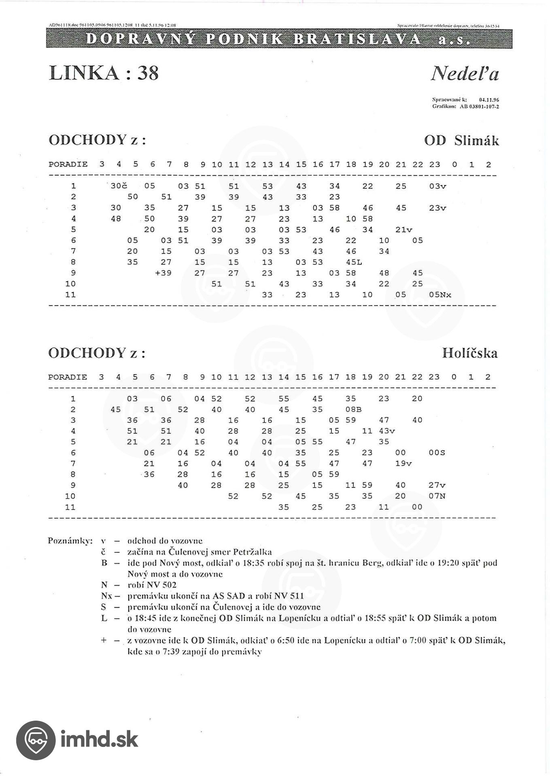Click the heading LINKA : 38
(104, 73)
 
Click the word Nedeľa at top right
(465, 74)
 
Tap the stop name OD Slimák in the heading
(461, 141)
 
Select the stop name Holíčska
(469, 353)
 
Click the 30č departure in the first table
(119, 186)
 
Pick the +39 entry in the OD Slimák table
(164, 273)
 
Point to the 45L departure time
(354, 262)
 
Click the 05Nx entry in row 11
(440, 295)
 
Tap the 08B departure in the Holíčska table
(353, 409)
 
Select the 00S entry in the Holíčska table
(437, 453)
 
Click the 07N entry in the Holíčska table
(437, 496)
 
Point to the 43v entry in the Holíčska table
(387, 431)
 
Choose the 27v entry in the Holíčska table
(437, 485)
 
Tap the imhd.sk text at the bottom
(100, 740)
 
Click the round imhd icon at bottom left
(36, 740)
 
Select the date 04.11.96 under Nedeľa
(488, 99)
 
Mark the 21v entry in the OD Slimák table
(403, 230)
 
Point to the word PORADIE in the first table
(68, 164)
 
